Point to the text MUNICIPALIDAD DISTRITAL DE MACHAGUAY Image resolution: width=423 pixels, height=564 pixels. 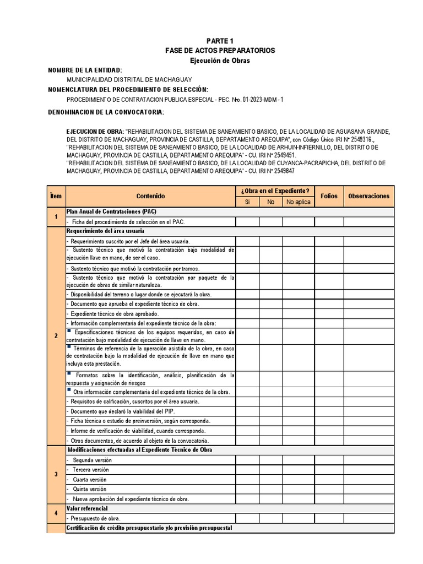point(129,80)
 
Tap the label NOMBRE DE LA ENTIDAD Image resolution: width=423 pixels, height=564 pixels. point(85,70)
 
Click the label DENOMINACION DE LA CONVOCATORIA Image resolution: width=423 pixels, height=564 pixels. point(106,112)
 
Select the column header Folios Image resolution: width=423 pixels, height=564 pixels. point(329,196)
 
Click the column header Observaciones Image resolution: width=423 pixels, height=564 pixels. point(368,196)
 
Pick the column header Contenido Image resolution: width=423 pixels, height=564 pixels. point(150,196)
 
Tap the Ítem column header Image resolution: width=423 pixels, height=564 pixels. point(56,196)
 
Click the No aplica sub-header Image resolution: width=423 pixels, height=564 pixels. point(298,202)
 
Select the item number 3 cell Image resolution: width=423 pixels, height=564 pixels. point(56,475)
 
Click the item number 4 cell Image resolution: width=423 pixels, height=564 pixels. point(56,513)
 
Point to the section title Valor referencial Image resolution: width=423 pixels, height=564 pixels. point(87,508)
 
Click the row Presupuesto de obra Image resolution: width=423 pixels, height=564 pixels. point(94,518)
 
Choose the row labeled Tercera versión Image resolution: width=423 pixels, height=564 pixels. point(91,470)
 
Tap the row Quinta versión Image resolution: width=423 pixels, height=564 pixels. point(90,489)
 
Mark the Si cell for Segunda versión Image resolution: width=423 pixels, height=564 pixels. point(247,460)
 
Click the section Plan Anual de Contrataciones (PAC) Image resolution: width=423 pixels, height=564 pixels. point(111,211)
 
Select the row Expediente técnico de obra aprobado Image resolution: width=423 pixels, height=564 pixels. point(105,313)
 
